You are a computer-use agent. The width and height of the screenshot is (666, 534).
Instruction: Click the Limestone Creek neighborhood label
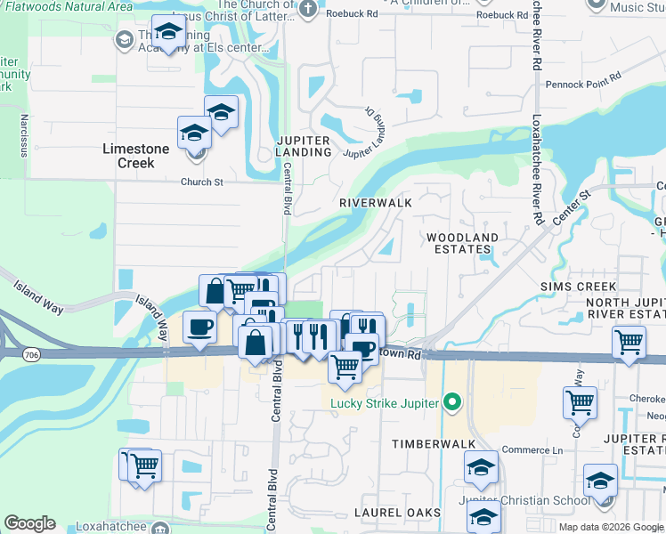(135, 155)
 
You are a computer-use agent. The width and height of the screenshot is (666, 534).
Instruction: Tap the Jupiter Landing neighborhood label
(304, 146)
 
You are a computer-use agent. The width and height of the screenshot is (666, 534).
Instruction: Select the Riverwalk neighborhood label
(375, 203)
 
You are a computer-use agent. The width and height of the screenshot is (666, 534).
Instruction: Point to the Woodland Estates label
(462, 244)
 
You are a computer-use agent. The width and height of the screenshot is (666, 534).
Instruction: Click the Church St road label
(201, 182)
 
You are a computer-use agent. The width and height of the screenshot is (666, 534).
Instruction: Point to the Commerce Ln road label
(532, 450)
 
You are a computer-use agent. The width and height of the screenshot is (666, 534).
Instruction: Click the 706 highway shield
(31, 355)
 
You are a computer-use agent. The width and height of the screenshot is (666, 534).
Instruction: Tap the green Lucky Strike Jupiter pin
(452, 403)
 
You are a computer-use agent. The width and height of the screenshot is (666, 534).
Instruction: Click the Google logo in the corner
(29, 523)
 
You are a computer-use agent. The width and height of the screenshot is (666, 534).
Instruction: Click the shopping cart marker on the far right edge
(629, 341)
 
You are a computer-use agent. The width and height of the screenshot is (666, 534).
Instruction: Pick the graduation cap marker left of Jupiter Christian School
(482, 466)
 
